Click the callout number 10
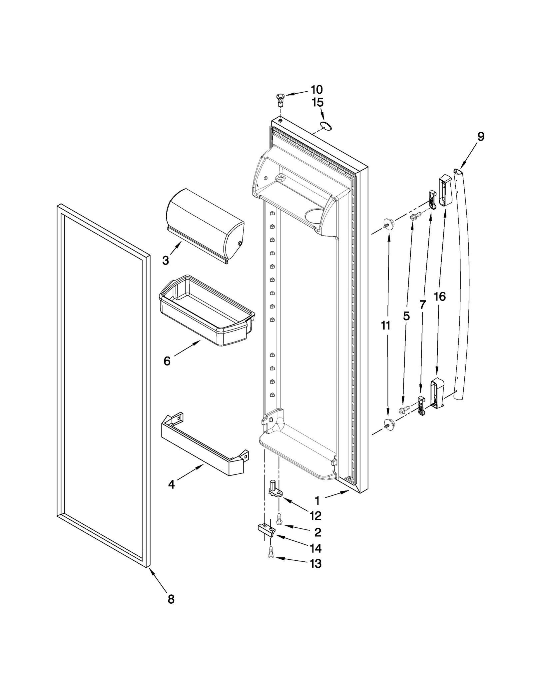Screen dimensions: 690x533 click(316, 89)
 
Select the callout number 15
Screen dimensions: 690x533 click(317, 103)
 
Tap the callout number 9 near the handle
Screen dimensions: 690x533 click(480, 136)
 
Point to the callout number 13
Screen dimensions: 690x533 click(315, 563)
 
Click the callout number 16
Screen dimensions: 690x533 click(440, 296)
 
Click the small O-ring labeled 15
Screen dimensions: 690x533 click(326, 126)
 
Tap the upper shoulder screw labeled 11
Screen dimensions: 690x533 click(388, 222)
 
